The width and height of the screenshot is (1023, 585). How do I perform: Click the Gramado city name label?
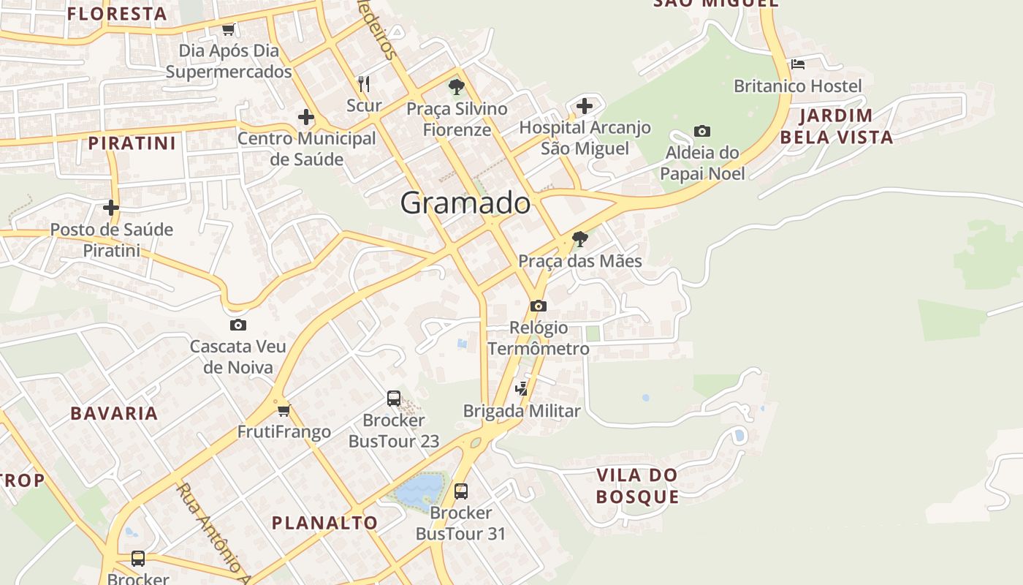click(465, 203)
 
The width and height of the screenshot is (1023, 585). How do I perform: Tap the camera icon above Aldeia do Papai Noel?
click(701, 132)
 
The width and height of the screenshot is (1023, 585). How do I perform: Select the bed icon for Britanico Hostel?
click(797, 64)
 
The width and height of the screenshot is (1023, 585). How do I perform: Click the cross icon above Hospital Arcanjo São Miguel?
click(584, 106)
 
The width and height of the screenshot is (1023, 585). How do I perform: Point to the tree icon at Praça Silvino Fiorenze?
click(457, 88)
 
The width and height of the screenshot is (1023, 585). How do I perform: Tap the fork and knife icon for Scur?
click(364, 83)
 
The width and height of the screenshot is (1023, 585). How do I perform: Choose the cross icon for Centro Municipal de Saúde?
click(306, 117)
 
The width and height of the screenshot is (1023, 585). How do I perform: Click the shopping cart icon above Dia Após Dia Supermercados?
click(228, 30)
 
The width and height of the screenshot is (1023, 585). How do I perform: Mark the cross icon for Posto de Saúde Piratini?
click(111, 208)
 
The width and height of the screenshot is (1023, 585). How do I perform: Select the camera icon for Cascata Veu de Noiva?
click(237, 325)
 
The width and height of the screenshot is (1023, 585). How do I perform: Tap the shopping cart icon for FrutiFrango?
click(284, 410)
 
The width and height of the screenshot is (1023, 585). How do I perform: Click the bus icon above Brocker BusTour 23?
click(393, 399)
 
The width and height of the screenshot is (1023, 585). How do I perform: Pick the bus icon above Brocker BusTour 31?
click(460, 491)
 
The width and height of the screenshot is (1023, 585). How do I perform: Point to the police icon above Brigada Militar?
click(521, 389)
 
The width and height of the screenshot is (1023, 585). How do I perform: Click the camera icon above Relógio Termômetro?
click(539, 306)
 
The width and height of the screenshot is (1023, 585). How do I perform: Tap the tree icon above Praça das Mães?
click(579, 239)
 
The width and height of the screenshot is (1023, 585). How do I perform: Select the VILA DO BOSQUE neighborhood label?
click(637, 486)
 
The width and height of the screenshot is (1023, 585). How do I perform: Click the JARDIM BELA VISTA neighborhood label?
click(836, 126)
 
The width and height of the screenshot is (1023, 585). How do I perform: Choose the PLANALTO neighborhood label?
click(324, 522)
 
